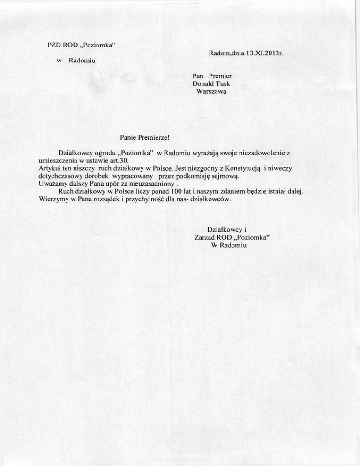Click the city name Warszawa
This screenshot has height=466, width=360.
pyautogui.click(x=211, y=91)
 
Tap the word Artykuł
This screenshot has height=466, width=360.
pyautogui.click(x=48, y=168)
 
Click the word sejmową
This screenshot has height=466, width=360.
pyautogui.click(x=226, y=176)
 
